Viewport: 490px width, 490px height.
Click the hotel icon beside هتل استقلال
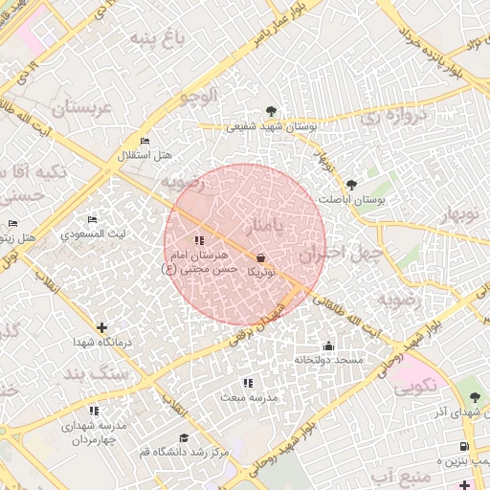click(x=145, y=142)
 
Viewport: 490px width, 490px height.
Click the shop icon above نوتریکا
click(x=261, y=257)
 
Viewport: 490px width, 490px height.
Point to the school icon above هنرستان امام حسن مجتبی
click(x=198, y=241)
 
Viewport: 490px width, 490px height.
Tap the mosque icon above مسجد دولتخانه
click(x=329, y=345)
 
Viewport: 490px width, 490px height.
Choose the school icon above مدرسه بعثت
click(x=248, y=383)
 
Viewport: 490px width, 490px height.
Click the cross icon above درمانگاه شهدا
click(x=102, y=327)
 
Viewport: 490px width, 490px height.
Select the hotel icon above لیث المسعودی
click(x=92, y=220)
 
